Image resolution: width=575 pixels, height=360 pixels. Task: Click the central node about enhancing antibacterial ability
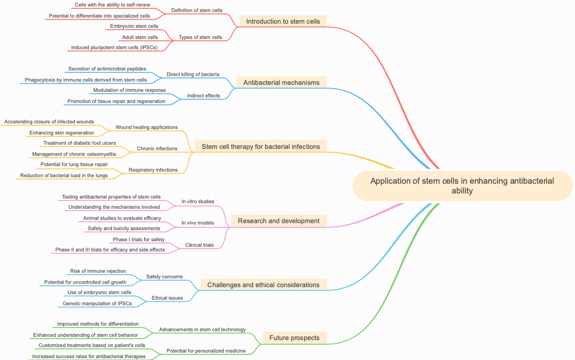coord(462,186)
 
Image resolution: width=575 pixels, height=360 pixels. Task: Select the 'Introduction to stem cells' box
coord(283,21)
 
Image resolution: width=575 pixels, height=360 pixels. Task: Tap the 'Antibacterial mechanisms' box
coord(281,83)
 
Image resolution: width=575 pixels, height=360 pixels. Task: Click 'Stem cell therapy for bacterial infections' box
coord(261,147)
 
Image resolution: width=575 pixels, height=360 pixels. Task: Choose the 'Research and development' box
coord(279,221)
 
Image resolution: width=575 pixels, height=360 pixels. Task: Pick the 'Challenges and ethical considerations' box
coord(263,285)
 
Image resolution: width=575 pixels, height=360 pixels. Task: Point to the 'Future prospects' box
coord(294,338)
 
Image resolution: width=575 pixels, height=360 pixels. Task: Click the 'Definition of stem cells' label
coord(197,10)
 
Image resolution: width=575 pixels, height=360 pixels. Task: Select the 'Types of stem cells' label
coord(200,37)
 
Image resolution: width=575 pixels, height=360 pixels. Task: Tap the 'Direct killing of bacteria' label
coord(193,74)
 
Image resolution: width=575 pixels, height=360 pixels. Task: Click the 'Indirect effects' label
coord(204,96)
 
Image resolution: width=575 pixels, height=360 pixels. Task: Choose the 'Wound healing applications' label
coord(147,127)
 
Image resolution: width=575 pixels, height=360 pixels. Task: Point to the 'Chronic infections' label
coord(157,148)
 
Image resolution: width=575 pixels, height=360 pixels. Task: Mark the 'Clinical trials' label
coord(199,245)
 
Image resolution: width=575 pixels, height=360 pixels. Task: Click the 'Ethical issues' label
coord(167,298)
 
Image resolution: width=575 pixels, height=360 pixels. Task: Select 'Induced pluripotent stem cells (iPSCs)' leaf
coord(114,47)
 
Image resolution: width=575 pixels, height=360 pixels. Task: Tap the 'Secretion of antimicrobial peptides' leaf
coord(107,69)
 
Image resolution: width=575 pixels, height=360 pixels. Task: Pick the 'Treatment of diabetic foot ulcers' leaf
coord(80,143)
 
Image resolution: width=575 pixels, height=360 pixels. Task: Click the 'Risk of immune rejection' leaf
coord(98,271)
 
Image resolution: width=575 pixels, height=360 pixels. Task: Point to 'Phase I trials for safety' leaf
coord(139,239)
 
